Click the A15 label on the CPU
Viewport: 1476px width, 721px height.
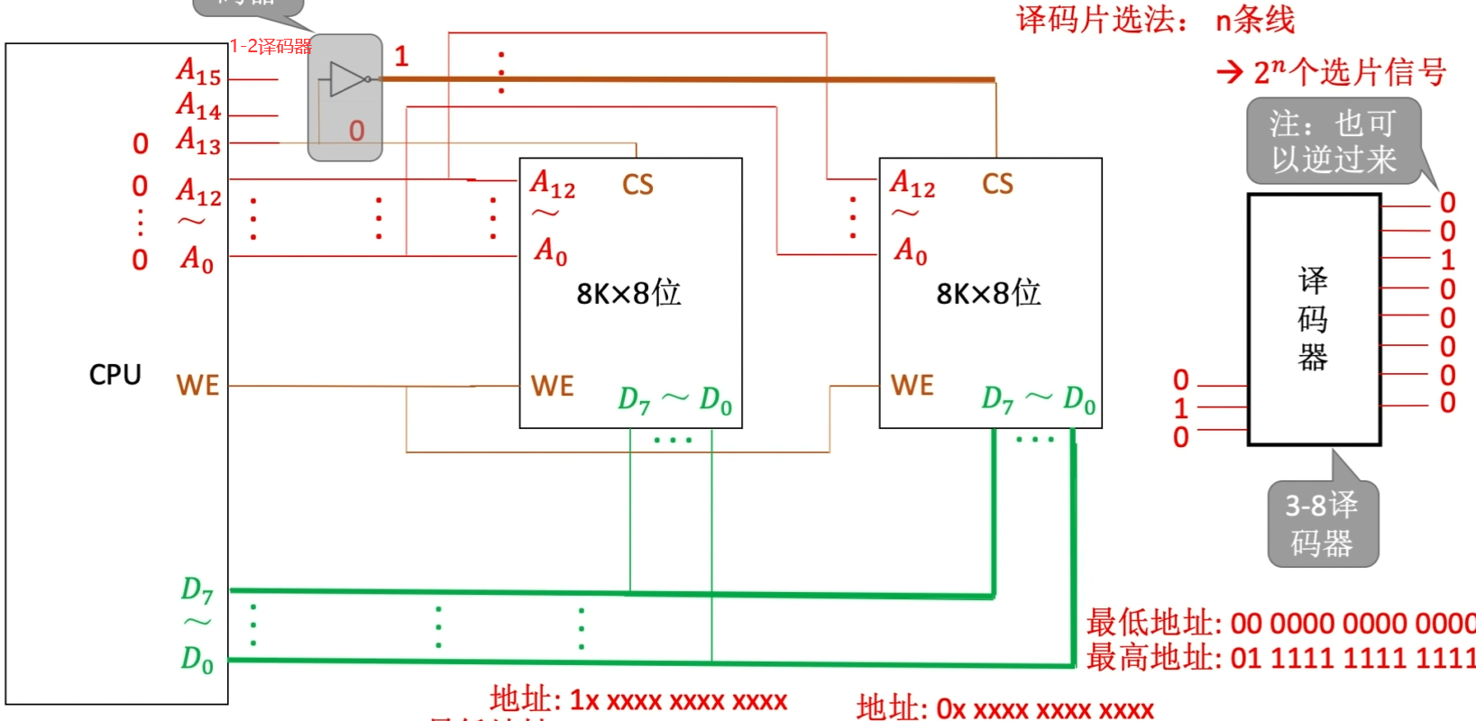198,71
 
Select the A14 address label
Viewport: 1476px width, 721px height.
198,106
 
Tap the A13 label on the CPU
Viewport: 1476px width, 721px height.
198,141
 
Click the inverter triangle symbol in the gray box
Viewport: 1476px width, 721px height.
348,79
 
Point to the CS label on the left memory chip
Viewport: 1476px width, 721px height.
637,185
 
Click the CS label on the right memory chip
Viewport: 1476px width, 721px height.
997,184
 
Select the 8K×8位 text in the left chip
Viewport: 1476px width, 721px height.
628,293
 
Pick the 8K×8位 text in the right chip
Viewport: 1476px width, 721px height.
988,293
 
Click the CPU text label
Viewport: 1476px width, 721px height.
115,374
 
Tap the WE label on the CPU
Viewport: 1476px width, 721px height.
197,386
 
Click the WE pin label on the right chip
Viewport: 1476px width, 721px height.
912,386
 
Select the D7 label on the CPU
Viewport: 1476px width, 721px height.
197,590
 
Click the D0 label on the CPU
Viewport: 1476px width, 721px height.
197,659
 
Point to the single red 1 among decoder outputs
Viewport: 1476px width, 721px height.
1447,260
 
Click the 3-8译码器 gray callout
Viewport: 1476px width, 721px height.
1322,524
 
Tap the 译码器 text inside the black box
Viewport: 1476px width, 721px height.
1313,319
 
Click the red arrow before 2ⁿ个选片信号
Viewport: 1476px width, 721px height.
1230,72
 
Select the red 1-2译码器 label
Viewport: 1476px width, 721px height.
270,46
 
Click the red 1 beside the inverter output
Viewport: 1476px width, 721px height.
401,57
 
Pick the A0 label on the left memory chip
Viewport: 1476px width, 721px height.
551,251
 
